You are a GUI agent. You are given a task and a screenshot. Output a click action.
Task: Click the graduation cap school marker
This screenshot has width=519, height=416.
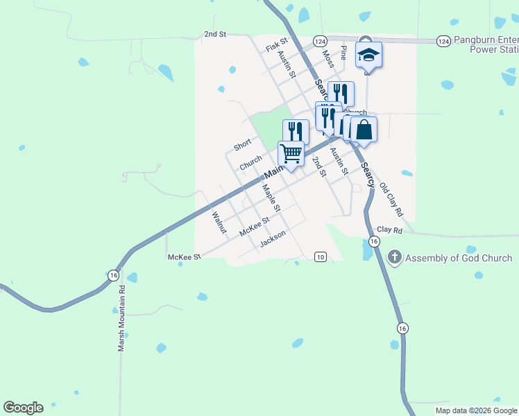point(368,55)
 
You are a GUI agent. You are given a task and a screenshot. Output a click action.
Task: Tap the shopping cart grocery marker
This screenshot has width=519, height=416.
point(291,153)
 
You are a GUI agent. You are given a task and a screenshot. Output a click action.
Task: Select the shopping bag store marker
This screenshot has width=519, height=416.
point(364,129)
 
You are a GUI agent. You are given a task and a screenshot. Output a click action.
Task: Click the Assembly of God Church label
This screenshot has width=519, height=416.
point(459,259)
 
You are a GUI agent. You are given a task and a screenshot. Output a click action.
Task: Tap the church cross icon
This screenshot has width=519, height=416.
point(394,259)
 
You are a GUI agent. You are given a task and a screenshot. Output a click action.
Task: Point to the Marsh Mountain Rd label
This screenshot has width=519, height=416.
point(121,318)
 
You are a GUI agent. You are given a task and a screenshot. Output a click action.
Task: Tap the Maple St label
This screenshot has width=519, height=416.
point(271,198)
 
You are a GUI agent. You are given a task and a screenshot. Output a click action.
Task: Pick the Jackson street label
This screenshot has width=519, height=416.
point(272,239)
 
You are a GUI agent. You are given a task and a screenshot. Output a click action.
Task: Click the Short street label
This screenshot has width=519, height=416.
point(242,145)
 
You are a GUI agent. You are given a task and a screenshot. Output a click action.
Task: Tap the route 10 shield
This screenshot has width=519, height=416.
point(320,257)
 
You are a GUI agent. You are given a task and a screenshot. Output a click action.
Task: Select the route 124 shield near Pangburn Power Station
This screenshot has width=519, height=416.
point(443,42)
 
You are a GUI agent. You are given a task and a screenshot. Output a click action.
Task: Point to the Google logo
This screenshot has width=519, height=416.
point(23,408)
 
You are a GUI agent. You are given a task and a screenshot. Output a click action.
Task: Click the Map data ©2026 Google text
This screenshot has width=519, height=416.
point(476,410)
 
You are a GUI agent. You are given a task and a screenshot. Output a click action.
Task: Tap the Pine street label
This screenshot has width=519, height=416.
point(343,53)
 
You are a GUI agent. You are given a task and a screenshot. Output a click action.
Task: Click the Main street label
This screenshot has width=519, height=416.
point(274,169)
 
